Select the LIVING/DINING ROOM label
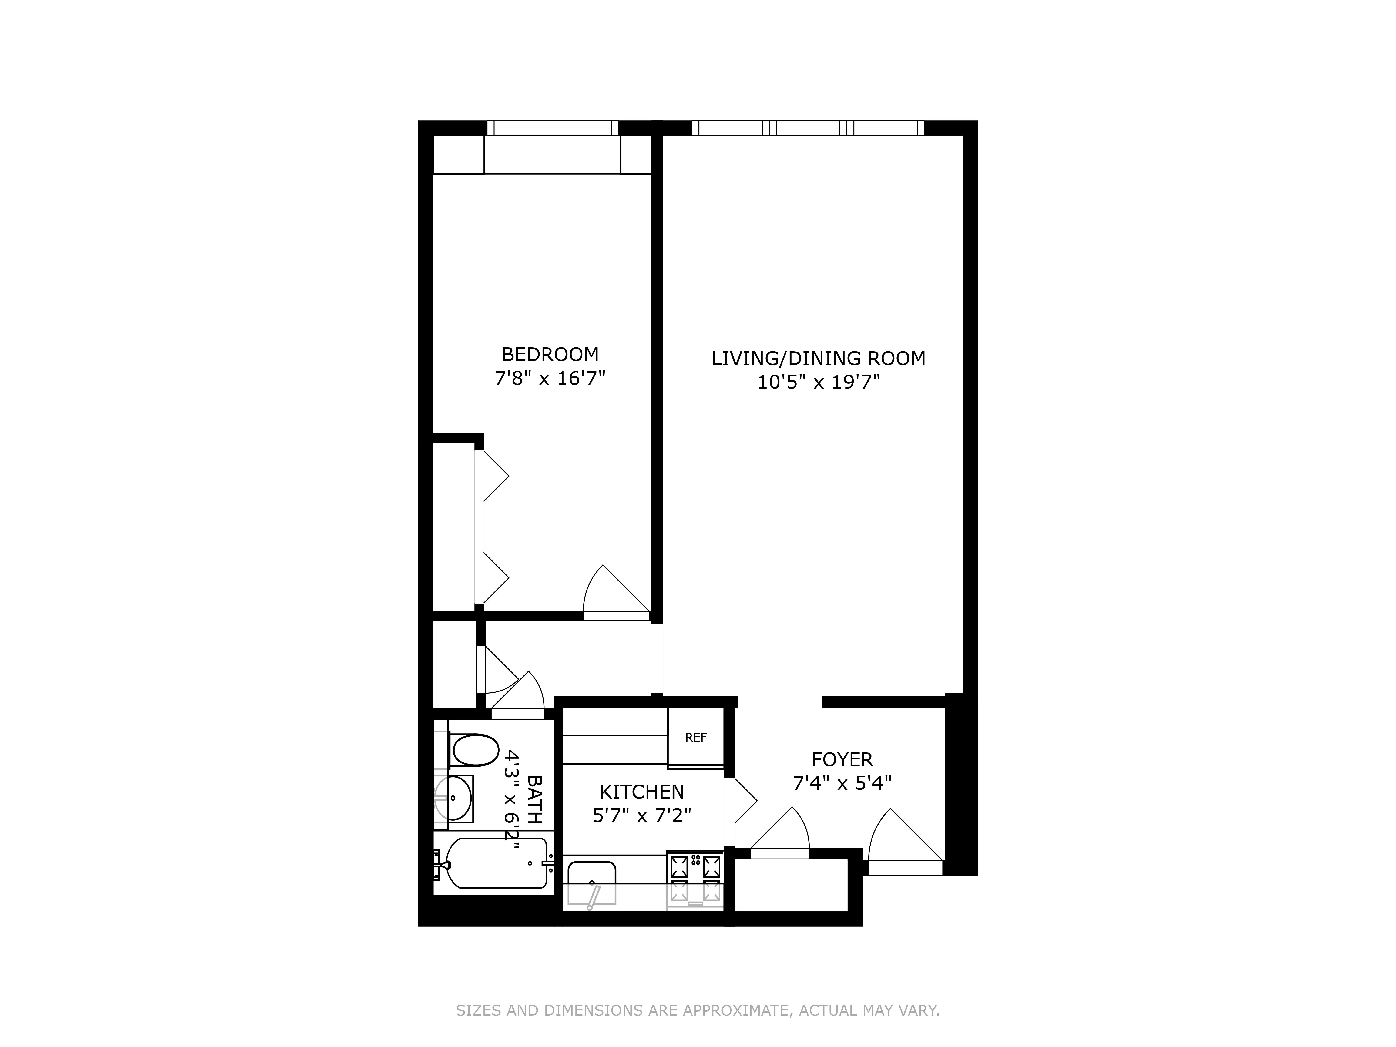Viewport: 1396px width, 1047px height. coord(818,359)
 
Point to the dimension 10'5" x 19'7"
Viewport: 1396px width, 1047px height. coord(818,383)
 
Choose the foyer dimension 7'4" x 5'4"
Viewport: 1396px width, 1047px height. coord(842,783)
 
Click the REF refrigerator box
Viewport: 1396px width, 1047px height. coord(695,737)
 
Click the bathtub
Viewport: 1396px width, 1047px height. coord(496,863)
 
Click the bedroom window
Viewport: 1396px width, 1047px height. coord(553,128)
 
